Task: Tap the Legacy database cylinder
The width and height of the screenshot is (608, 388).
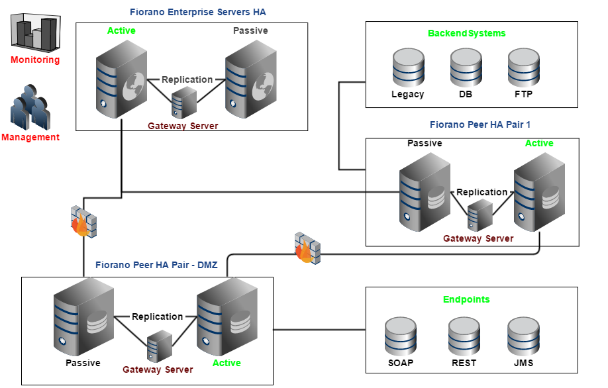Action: pyautogui.click(x=408, y=68)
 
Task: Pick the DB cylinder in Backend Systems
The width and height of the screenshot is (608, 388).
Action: pyautogui.click(x=466, y=68)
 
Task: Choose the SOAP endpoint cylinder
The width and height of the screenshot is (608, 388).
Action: pyautogui.click(x=401, y=336)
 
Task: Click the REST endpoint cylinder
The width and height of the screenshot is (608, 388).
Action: pyautogui.click(x=464, y=336)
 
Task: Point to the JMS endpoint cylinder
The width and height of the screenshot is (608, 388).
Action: pyautogui.click(x=523, y=336)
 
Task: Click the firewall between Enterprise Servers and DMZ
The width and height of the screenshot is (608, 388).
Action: pyautogui.click(x=83, y=220)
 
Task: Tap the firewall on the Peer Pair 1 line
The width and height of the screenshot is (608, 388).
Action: pyautogui.click(x=307, y=247)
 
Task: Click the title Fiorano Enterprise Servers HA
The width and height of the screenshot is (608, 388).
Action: pyautogui.click(x=198, y=12)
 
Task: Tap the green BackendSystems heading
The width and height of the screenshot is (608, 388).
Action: pyautogui.click(x=466, y=33)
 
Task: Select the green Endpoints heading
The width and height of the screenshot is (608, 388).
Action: pyautogui.click(x=466, y=299)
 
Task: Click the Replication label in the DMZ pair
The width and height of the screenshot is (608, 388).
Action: pyautogui.click(x=157, y=316)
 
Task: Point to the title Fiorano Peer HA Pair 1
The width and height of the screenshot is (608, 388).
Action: pyautogui.click(x=480, y=124)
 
